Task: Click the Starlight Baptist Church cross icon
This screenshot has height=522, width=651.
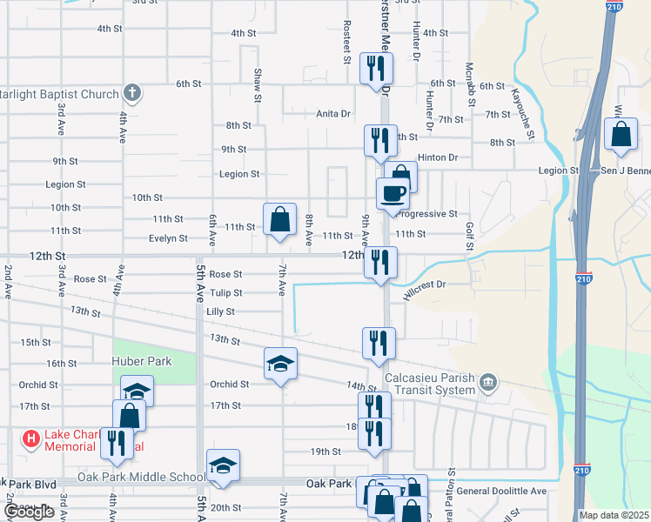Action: click(131, 91)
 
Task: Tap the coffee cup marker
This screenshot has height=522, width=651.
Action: click(392, 192)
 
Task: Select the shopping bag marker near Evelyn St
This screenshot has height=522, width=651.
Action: click(280, 220)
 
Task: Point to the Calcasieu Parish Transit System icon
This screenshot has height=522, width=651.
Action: click(488, 381)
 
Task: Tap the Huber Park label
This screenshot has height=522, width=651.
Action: click(141, 361)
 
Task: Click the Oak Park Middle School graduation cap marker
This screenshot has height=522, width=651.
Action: click(223, 466)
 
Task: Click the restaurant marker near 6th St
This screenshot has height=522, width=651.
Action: click(376, 69)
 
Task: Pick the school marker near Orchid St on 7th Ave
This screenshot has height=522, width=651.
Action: click(280, 365)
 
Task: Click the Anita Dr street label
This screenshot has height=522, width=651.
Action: click(332, 113)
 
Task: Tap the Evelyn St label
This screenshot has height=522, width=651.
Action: click(168, 238)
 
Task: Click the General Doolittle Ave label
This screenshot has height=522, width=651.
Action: click(501, 491)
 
